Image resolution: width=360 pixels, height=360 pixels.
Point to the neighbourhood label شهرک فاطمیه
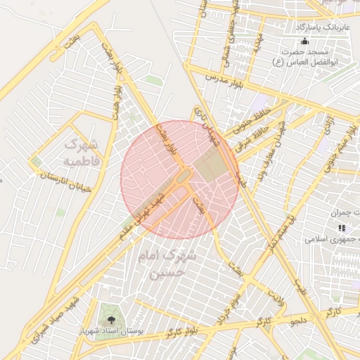pos(83,153)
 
